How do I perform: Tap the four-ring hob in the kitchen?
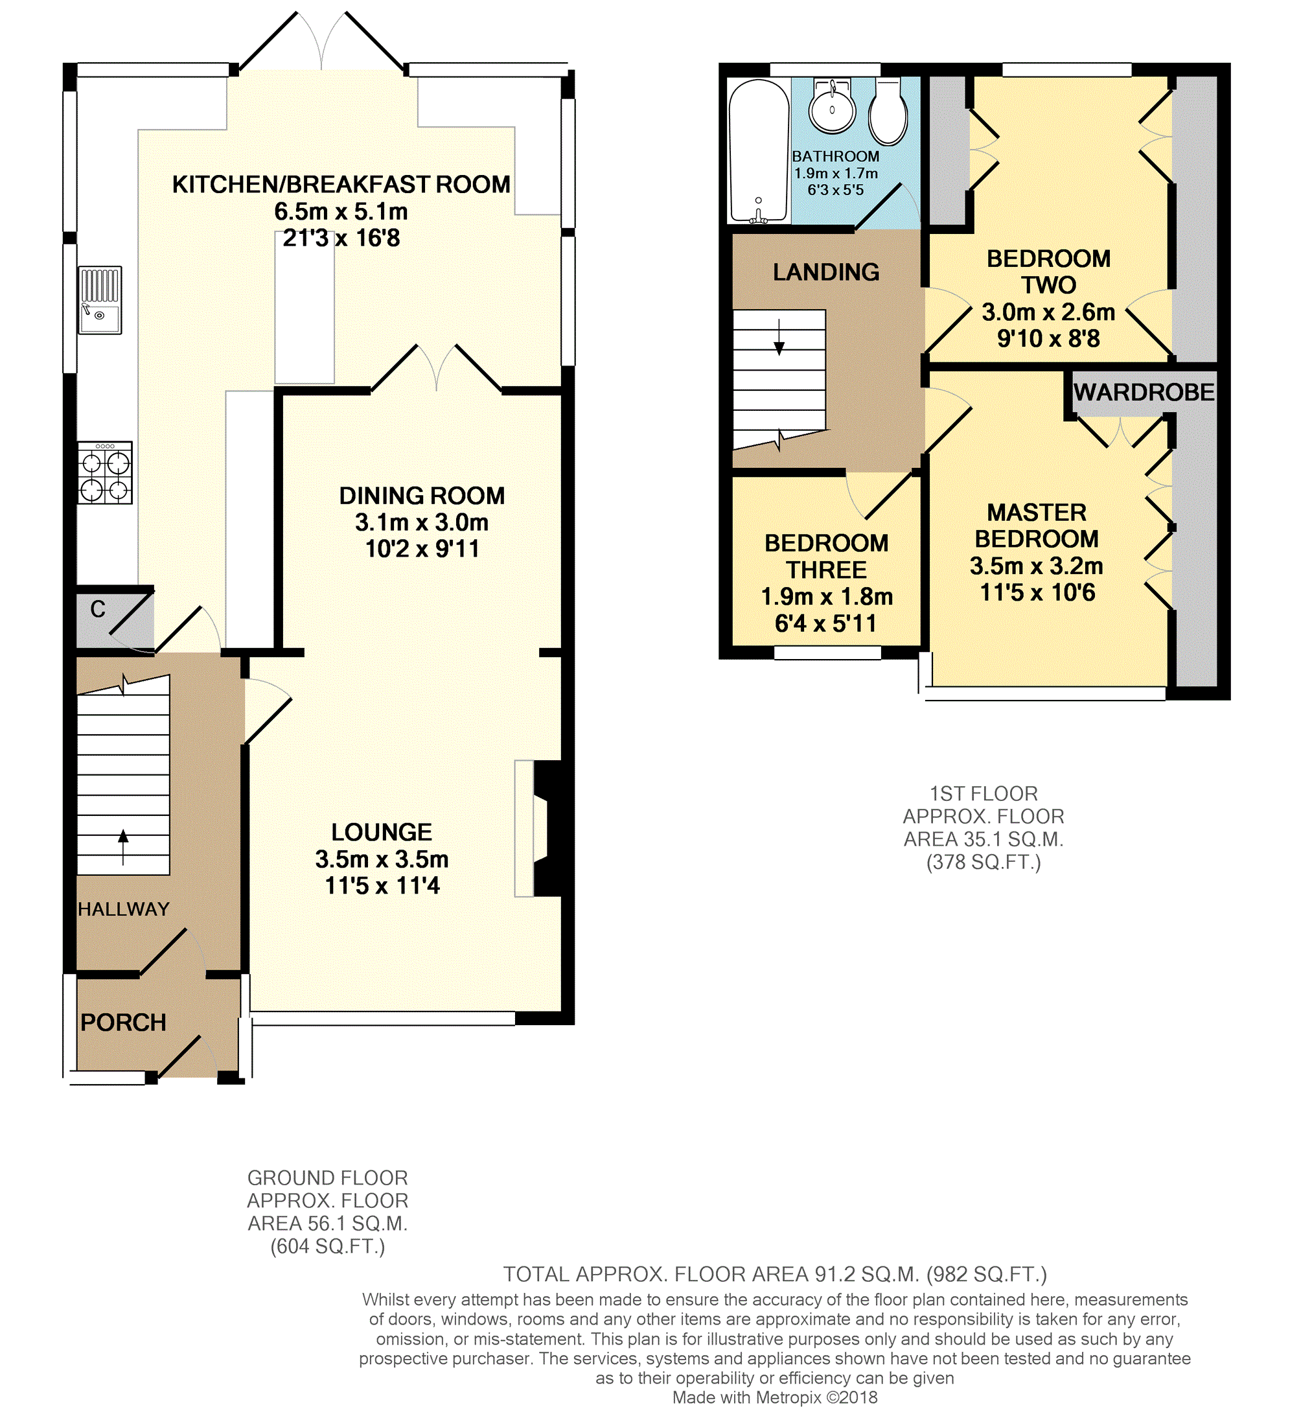(105, 473)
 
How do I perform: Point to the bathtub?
(759, 151)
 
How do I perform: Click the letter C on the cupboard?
(98, 608)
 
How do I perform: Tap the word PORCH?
(124, 1023)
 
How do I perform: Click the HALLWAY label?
(124, 909)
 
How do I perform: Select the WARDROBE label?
(1144, 392)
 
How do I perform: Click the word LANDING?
(826, 272)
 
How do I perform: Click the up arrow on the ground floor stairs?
(124, 847)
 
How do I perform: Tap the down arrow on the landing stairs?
(779, 338)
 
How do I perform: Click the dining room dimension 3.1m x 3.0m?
(422, 523)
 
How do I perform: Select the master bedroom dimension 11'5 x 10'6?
(1037, 592)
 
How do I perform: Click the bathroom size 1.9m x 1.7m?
(836, 173)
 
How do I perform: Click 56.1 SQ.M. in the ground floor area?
(347, 1223)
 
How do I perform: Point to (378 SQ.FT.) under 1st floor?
(984, 862)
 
